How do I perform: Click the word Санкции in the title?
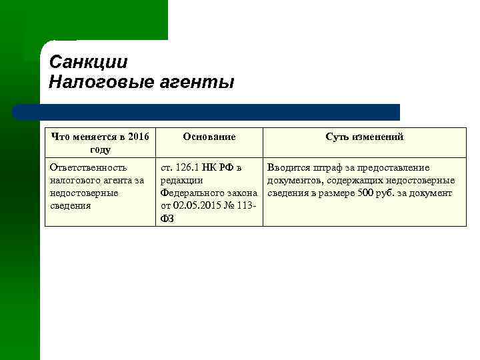coord(88,63)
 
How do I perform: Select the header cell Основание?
coord(209,137)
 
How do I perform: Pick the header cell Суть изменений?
coord(364,137)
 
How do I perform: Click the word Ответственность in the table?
coord(88,167)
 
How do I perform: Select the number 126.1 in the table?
coord(189,167)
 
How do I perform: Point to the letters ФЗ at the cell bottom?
coord(167,218)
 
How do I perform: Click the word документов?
coord(294,180)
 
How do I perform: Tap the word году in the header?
coord(100,149)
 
